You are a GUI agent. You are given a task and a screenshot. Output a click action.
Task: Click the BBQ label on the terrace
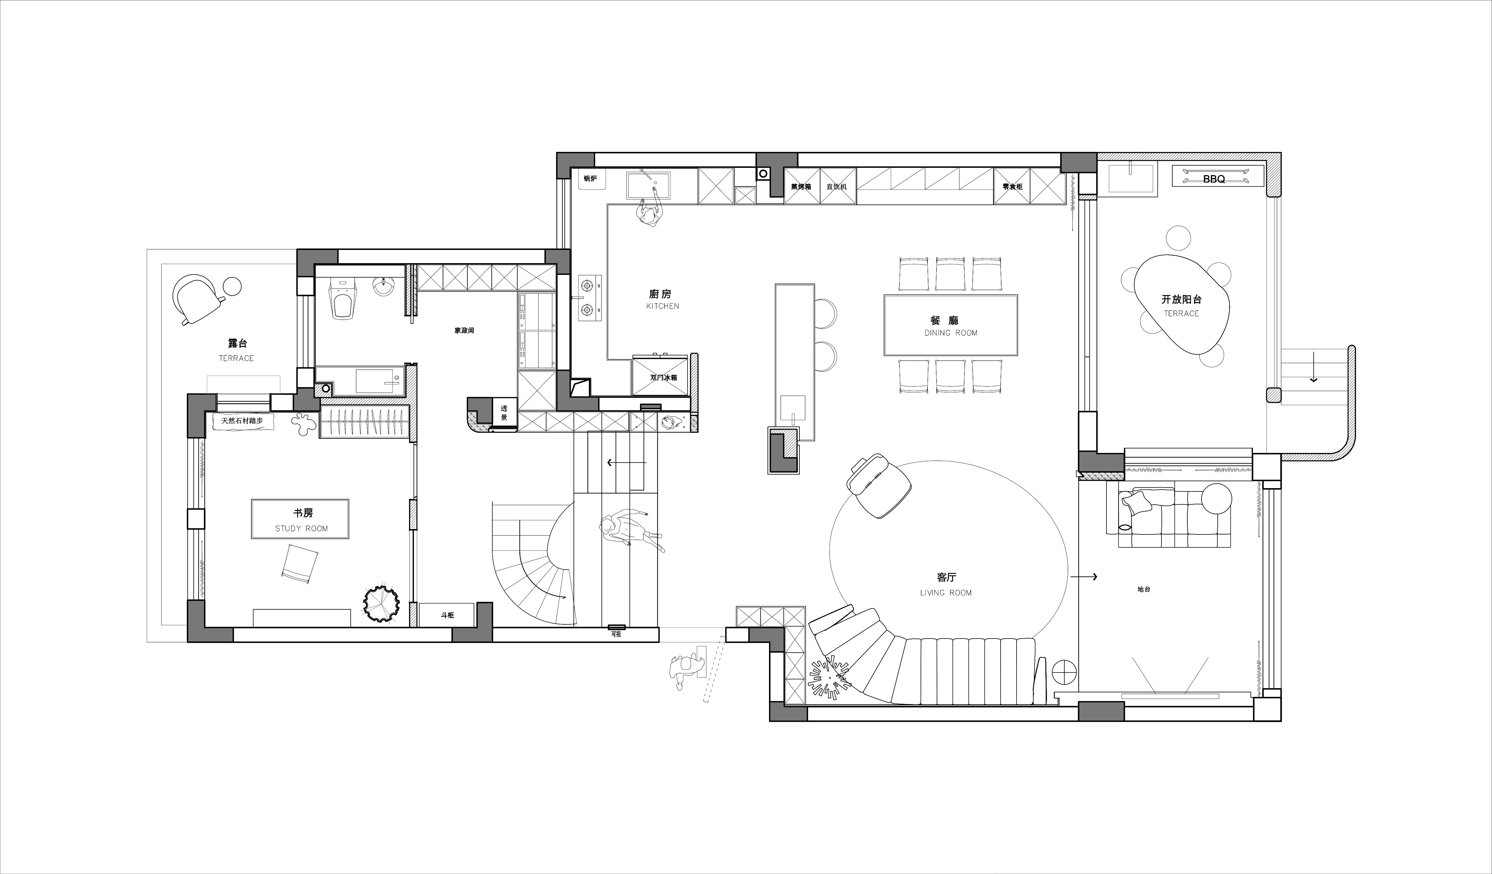pyautogui.click(x=1214, y=178)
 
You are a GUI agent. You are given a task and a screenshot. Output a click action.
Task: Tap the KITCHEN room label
pyautogui.click(x=663, y=306)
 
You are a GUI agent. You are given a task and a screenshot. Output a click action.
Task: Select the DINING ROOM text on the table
pyautogui.click(x=951, y=333)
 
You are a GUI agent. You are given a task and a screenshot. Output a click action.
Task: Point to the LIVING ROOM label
pyautogui.click(x=946, y=593)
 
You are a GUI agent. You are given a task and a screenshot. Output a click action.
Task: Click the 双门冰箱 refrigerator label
pyautogui.click(x=663, y=377)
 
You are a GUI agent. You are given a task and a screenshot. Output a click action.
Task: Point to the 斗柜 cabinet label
pyautogui.click(x=447, y=615)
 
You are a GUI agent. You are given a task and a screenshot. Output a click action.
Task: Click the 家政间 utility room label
pyautogui.click(x=464, y=331)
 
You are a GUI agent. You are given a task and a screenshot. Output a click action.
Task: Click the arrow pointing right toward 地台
pyautogui.click(x=1084, y=576)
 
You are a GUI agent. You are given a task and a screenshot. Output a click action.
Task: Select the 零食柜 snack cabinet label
pyautogui.click(x=1012, y=186)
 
